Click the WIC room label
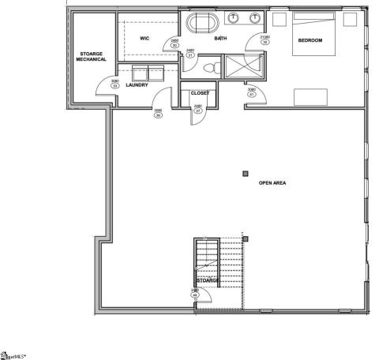(x=145, y=37)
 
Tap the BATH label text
(x=221, y=37)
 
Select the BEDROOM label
(x=310, y=40)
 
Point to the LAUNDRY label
(x=137, y=85)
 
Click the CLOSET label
(x=200, y=93)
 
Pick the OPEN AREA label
(x=272, y=182)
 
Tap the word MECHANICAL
(x=92, y=59)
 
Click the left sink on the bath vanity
(x=235, y=17)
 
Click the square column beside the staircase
(x=246, y=238)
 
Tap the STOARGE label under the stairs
(x=208, y=280)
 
